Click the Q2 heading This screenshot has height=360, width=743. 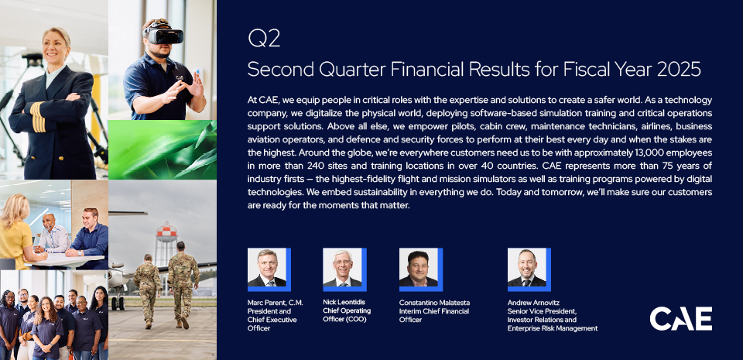(264, 39)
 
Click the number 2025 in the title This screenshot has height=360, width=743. (679, 70)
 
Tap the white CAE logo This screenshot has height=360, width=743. (680, 318)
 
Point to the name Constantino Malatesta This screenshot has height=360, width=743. (434, 302)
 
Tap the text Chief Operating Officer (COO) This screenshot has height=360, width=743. (347, 315)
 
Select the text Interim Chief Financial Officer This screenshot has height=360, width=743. (434, 315)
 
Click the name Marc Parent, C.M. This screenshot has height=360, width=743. (276, 302)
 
